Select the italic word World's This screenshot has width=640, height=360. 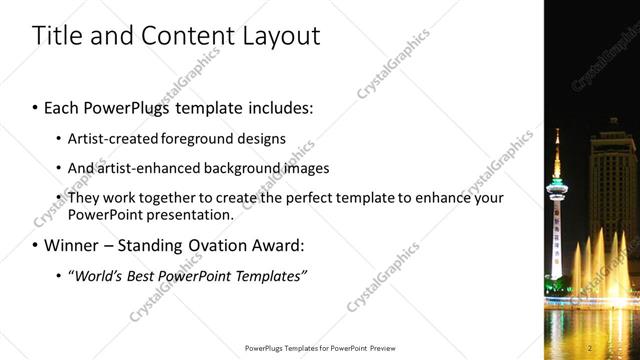[x=99, y=275]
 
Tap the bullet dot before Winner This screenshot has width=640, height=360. [x=35, y=245]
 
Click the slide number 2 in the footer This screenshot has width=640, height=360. [x=591, y=347]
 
